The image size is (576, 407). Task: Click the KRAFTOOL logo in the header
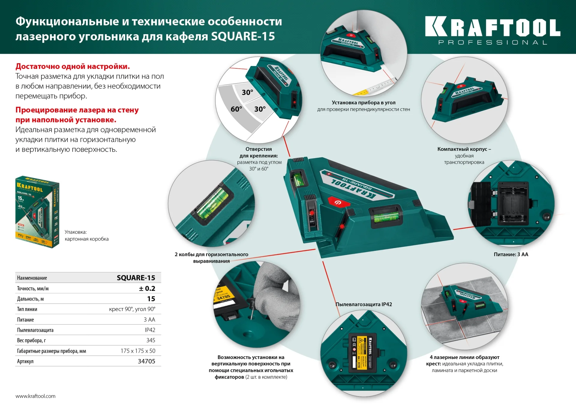pyautogui.click(x=492, y=27)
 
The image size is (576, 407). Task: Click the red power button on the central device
pyautogui.click(x=338, y=202)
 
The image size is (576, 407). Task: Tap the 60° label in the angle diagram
pyautogui.click(x=236, y=109)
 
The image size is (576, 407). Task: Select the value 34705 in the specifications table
pyautogui.click(x=146, y=361)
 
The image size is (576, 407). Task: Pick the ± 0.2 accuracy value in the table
pyautogui.click(x=147, y=288)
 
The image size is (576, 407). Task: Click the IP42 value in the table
pyautogui.click(x=150, y=330)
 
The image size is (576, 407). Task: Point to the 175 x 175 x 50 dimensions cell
pyautogui.click(x=138, y=351)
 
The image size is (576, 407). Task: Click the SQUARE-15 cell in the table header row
pyautogui.click(x=136, y=278)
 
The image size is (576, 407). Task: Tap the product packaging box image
pyautogui.click(x=37, y=212)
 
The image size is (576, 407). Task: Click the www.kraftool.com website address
pyautogui.click(x=35, y=396)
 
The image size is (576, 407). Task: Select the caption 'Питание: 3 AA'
pyautogui.click(x=511, y=254)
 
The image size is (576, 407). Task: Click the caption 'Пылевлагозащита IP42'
pyautogui.click(x=364, y=304)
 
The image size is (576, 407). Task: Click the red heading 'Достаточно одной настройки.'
pyautogui.click(x=73, y=66)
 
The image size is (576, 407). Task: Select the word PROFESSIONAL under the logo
pyautogui.click(x=492, y=43)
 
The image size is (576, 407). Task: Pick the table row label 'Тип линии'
pyautogui.click(x=27, y=309)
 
